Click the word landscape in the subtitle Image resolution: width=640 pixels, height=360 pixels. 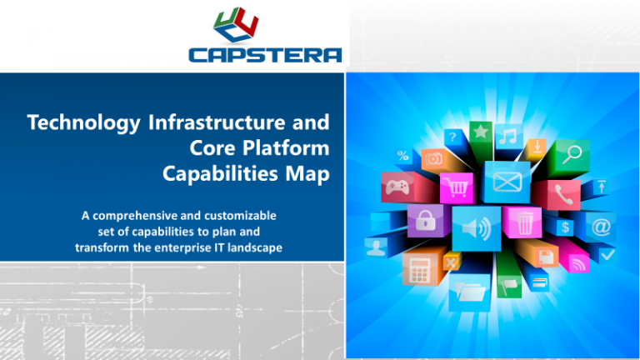point(240,247)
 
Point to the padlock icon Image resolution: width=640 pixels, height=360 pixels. point(424,221)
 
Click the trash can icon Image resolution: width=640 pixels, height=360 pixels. point(524,222)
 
